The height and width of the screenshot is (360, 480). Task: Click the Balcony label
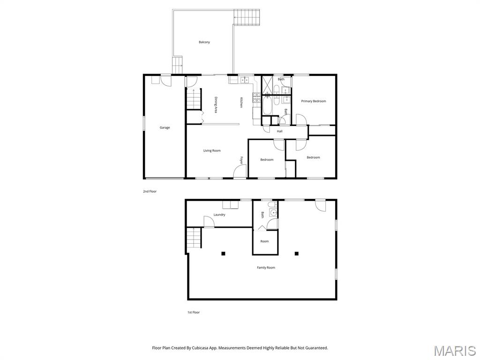[204, 42]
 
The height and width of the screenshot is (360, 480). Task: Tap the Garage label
[165, 127]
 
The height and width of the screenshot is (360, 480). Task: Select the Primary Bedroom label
[313, 101]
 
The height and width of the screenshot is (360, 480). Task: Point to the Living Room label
[212, 150]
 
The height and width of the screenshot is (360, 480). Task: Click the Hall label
[279, 131]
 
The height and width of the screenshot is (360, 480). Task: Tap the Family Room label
[266, 268]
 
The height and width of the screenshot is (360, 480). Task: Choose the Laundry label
[219, 215]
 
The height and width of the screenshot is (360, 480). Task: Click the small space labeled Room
[265, 241]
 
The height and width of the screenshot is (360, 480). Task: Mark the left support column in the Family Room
[223, 254]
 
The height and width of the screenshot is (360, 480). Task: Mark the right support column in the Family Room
[297, 254]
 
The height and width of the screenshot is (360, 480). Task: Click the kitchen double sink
[245, 80]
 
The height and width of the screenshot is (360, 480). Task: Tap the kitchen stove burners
[256, 97]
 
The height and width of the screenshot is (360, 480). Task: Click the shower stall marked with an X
[267, 85]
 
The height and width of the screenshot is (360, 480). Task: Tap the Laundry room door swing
[209, 222]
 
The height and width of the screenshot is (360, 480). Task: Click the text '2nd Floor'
[150, 191]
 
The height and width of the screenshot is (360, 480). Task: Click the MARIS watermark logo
[455, 351]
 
